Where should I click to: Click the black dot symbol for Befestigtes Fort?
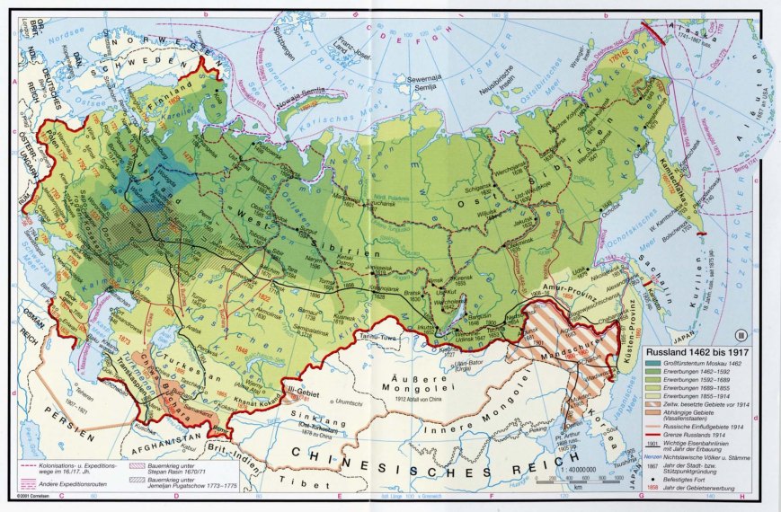coord(655,481)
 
